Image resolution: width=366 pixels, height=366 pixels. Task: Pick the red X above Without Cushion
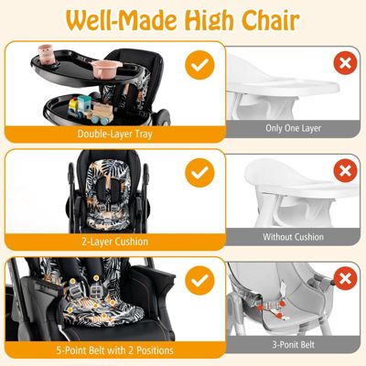(x=343, y=172)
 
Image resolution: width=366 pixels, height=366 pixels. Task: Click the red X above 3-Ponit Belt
(x=343, y=280)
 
